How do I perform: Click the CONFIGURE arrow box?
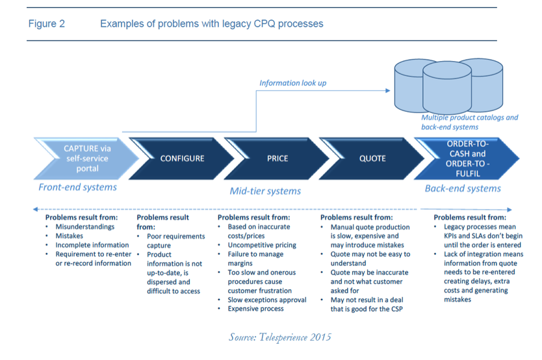point(182,158)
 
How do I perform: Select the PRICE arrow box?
point(277,158)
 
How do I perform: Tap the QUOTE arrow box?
point(372,158)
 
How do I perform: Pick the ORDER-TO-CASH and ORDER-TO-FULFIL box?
point(467,158)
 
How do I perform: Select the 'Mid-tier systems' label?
point(265,191)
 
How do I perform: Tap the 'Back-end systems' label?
point(463,188)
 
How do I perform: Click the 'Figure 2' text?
point(47,24)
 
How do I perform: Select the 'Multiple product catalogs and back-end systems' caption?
point(469,122)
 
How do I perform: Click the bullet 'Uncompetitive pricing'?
point(261,245)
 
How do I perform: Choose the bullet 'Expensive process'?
point(255,309)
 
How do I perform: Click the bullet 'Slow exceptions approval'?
point(266,300)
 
